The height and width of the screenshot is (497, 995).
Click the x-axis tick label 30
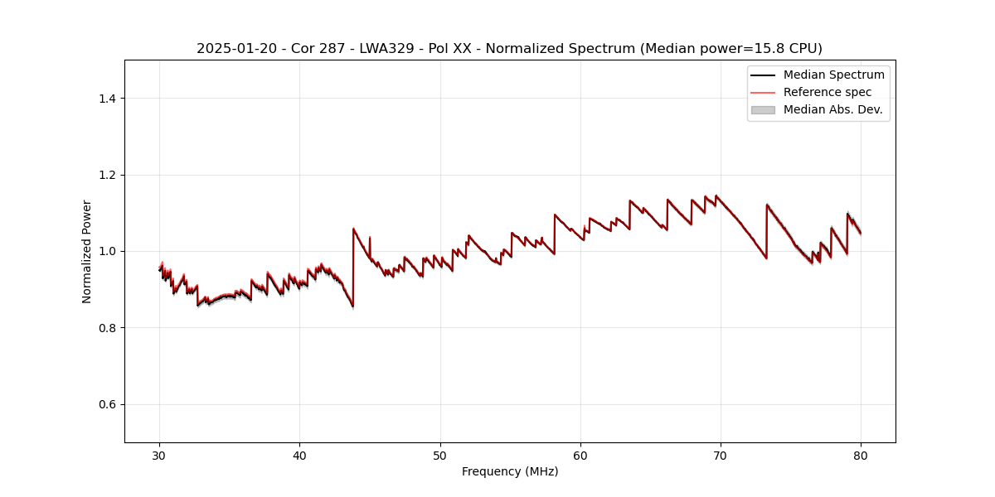tap(159, 455)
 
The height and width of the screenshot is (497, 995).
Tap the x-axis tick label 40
tap(299, 455)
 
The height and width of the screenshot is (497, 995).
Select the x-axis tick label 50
tap(440, 455)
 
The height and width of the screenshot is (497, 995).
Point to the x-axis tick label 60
tap(580, 455)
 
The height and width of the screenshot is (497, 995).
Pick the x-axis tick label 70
tap(721, 455)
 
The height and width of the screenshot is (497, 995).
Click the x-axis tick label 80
tap(861, 455)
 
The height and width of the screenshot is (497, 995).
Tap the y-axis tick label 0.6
tap(108, 404)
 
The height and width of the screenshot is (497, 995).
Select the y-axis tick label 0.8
tap(108, 328)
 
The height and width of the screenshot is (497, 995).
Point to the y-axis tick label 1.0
tap(108, 251)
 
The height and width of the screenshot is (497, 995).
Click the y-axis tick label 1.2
tap(108, 175)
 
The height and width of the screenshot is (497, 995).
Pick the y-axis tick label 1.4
tap(108, 99)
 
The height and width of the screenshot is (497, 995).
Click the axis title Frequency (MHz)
tap(510, 471)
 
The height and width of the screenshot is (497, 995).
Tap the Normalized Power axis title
tap(87, 251)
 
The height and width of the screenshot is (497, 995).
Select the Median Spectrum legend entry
tap(833, 75)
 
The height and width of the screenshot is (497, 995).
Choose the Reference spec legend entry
tap(827, 92)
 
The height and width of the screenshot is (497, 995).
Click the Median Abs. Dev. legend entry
tap(832, 109)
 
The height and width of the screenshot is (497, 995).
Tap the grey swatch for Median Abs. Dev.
tap(762, 109)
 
